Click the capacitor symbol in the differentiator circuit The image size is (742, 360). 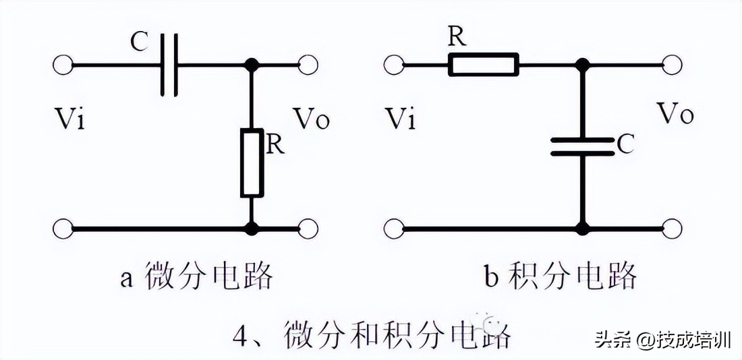tap(168, 65)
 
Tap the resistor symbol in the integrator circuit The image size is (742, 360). tap(484, 65)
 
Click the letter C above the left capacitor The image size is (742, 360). tap(139, 43)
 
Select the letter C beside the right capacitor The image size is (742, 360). tap(625, 144)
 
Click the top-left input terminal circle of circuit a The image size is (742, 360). tap(61, 65)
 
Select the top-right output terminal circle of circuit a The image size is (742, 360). tap(308, 65)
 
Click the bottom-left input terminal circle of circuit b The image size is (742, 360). tap(393, 228)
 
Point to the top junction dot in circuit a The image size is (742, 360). tap(252, 65)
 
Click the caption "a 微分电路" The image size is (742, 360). tap(196, 276)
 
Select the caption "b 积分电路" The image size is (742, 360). tap(560, 276)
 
